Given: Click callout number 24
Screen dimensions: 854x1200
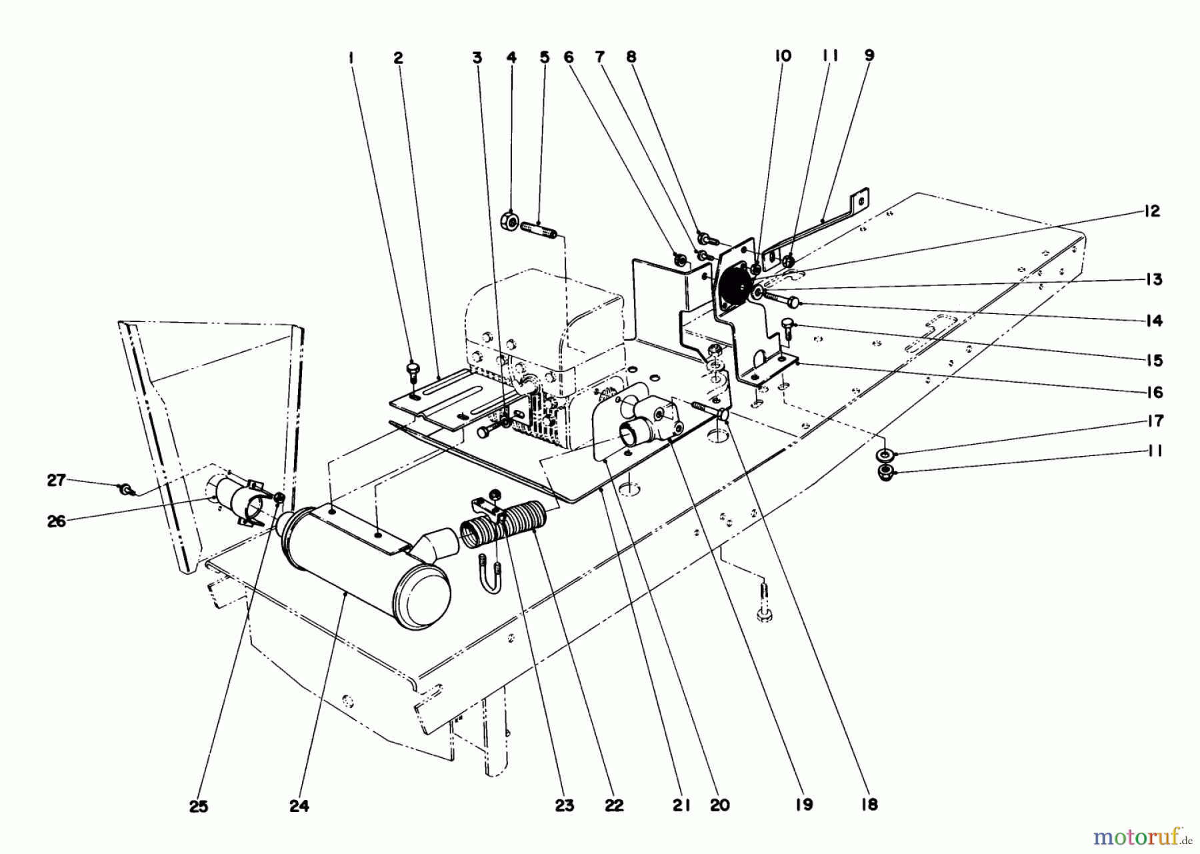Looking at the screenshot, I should coord(299,806).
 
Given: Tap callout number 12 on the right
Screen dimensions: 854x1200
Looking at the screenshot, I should coord(1152,211).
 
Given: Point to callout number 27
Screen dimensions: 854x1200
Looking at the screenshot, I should coord(57,479).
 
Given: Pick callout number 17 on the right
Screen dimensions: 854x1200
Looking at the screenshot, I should coord(1155,421).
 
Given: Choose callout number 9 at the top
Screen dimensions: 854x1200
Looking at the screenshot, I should coord(869,56).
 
